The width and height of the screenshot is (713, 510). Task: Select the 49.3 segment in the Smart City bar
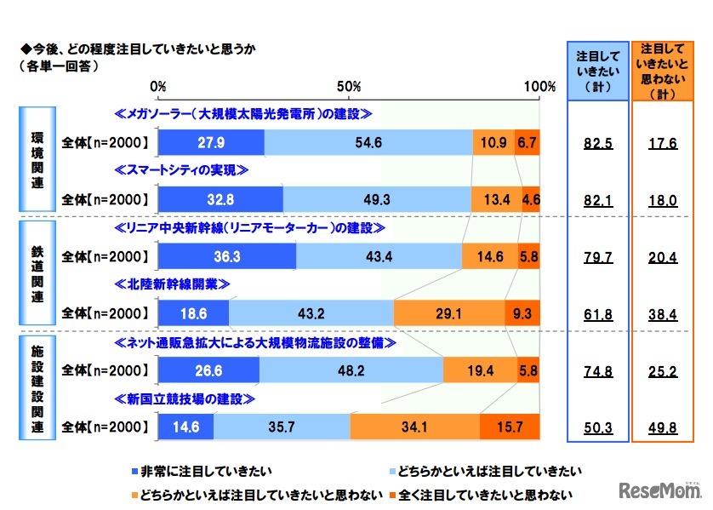tap(376, 200)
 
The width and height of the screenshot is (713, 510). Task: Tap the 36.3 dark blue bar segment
tap(226, 255)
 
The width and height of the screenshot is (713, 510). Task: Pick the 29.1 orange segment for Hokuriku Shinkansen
tap(448, 312)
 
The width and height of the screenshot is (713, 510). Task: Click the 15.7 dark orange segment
tap(510, 426)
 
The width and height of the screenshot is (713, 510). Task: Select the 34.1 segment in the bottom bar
tap(414, 426)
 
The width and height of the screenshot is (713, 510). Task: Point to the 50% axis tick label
tap(349, 87)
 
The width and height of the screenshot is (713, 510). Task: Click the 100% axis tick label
tap(539, 87)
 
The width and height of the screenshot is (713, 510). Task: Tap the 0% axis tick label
tap(158, 87)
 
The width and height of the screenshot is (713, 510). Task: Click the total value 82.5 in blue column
tap(598, 144)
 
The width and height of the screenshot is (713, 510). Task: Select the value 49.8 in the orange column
tap(662, 427)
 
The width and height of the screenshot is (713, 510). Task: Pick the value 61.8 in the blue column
tap(598, 313)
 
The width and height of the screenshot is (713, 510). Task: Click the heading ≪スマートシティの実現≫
tap(181, 170)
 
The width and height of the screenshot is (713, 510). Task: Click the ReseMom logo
tap(657, 490)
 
